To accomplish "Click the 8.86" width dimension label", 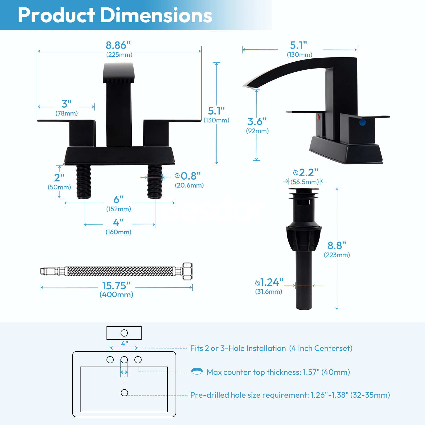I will (118, 45).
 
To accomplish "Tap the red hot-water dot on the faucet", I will (318, 117).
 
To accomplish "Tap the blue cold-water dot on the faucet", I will (362, 122).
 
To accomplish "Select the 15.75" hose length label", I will (116, 286).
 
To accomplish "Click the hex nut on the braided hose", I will (187, 271).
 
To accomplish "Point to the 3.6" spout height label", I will (257, 122).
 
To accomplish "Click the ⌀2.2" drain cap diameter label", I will (305, 173).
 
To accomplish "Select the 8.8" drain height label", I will (337, 246).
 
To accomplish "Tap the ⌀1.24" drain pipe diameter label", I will (269, 282).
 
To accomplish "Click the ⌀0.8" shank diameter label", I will (188, 176).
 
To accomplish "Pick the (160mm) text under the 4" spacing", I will (118, 232).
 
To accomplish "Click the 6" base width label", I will (118, 199).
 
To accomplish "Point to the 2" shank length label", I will (59, 177).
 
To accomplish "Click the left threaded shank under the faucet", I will (84, 182).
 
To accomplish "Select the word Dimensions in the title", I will (156, 15).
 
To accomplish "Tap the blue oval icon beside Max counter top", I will (197, 371).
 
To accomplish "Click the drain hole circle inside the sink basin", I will (124, 393).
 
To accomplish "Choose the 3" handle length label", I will (66, 104).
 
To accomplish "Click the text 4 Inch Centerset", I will (321, 348).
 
